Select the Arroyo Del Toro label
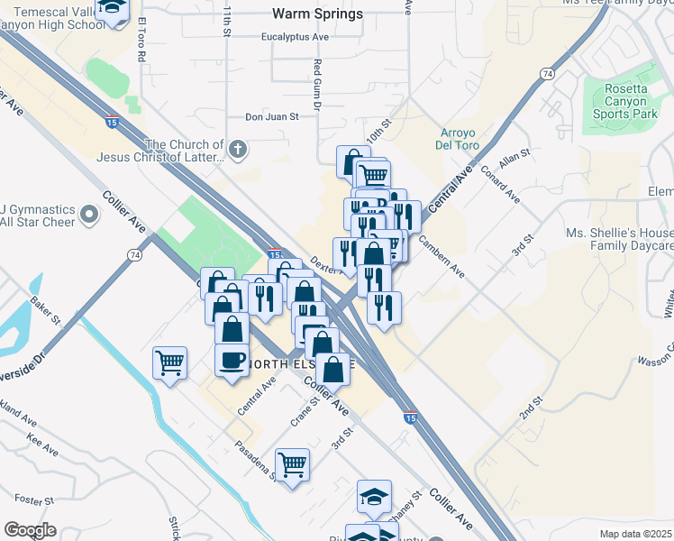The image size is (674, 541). [464, 140]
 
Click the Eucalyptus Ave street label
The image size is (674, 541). [295, 37]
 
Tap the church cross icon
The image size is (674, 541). [237, 150]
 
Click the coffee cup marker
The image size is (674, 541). [232, 360]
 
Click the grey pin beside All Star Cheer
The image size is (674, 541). [88, 215]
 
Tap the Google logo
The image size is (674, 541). [30, 530]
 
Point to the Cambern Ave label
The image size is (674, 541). [441, 256]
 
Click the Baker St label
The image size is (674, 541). [45, 307]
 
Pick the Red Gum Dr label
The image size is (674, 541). [317, 86]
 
